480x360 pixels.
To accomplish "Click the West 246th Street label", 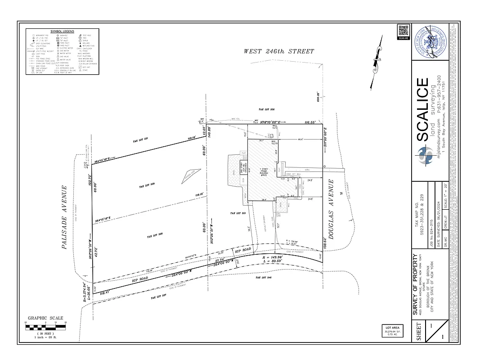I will coord(279,51).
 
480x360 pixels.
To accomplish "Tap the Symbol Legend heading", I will coord(63,31).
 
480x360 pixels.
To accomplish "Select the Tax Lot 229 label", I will coord(147,186).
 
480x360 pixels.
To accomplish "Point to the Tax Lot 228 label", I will coord(154,236).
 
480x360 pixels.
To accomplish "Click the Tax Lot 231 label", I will coord(141,141).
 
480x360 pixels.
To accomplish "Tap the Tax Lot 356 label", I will coord(266,109).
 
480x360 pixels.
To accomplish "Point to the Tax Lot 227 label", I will coord(158,297).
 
